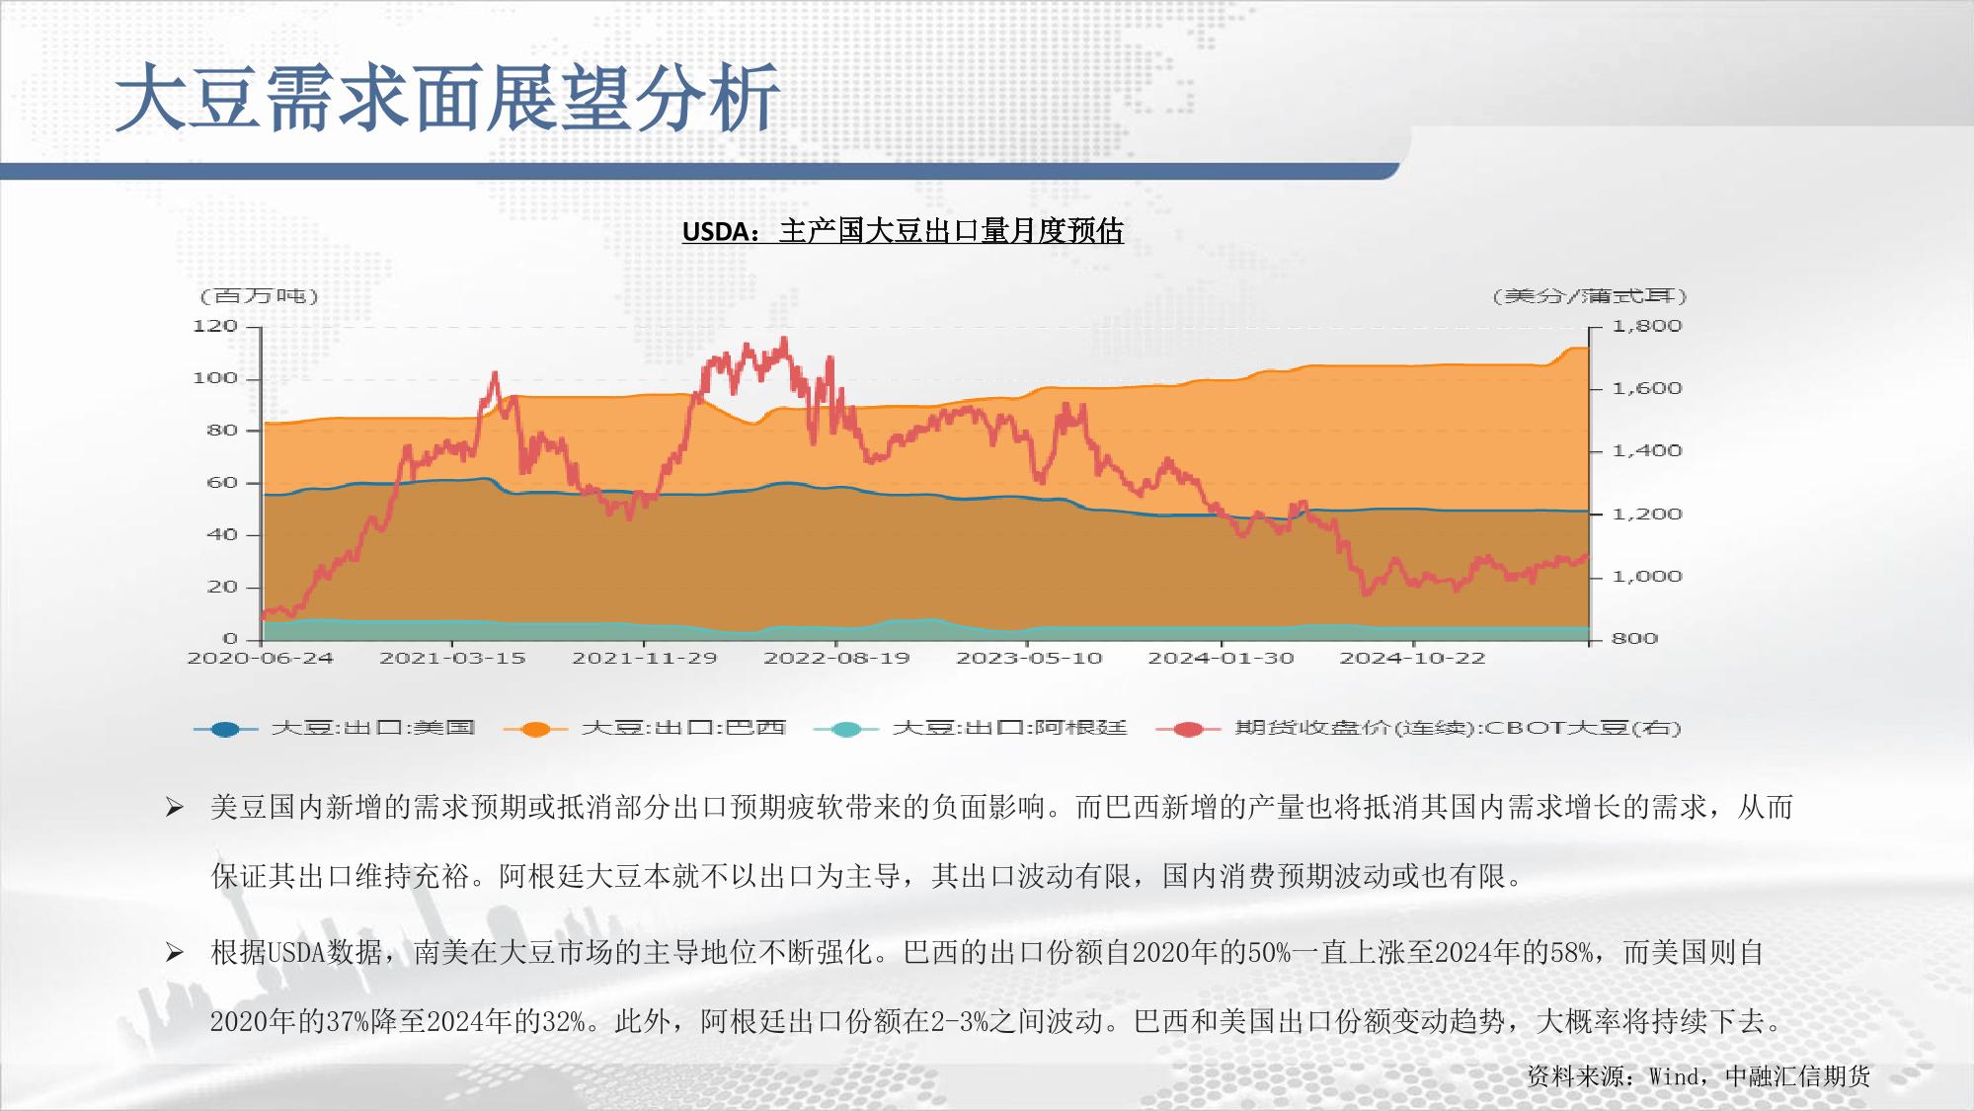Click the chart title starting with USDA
click(x=903, y=231)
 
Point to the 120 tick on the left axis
click(x=215, y=326)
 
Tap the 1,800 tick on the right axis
click(x=1646, y=326)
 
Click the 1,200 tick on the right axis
click(x=1646, y=514)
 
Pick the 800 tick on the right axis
click(x=1634, y=638)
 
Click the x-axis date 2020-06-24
click(x=261, y=658)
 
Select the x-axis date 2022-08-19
click(x=836, y=658)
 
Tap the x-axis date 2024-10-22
click(x=1412, y=658)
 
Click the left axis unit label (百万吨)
click(x=259, y=296)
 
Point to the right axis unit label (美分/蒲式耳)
click(x=1590, y=296)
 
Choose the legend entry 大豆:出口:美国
click(x=335, y=729)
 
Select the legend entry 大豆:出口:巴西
click(x=645, y=729)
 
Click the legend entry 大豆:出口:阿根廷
click(x=970, y=729)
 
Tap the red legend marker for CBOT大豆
click(x=1189, y=729)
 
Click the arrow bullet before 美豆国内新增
click(x=175, y=809)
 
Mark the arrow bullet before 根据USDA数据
click(x=175, y=953)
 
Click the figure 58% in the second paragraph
click(x=1571, y=953)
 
